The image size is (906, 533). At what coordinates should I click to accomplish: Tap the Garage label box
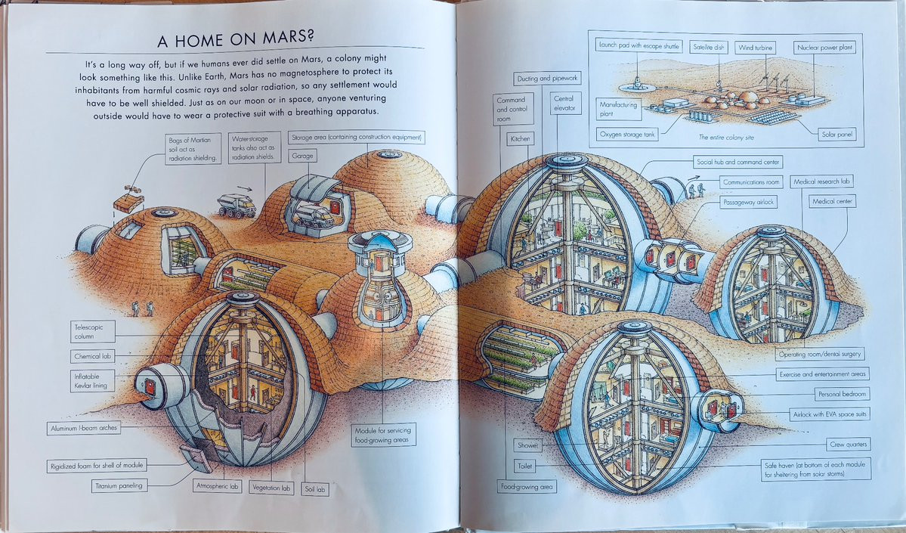click(302, 156)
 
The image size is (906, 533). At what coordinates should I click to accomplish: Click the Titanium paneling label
click(120, 485)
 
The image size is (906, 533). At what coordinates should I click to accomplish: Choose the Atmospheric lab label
click(217, 487)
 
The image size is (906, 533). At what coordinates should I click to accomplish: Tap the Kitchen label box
click(520, 138)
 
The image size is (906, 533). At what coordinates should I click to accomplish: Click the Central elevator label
click(564, 104)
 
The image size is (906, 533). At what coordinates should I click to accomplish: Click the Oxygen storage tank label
click(626, 135)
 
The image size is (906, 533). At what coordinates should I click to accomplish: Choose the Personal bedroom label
click(842, 394)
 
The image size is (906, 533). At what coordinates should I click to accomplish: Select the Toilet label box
click(525, 466)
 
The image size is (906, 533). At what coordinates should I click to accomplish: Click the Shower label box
click(527, 445)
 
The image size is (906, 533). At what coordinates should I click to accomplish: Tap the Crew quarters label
click(849, 444)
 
